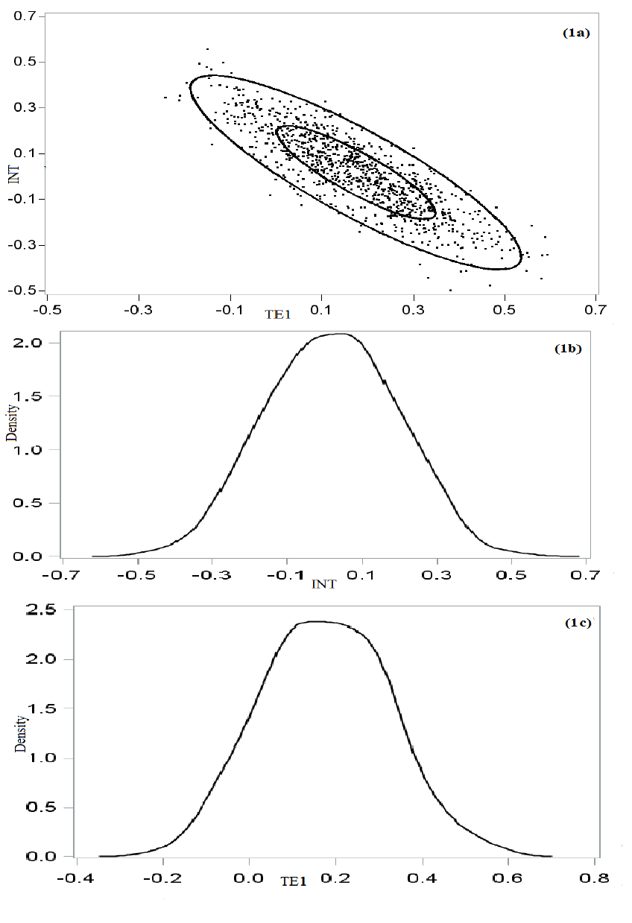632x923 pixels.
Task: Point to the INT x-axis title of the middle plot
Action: [325, 585]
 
